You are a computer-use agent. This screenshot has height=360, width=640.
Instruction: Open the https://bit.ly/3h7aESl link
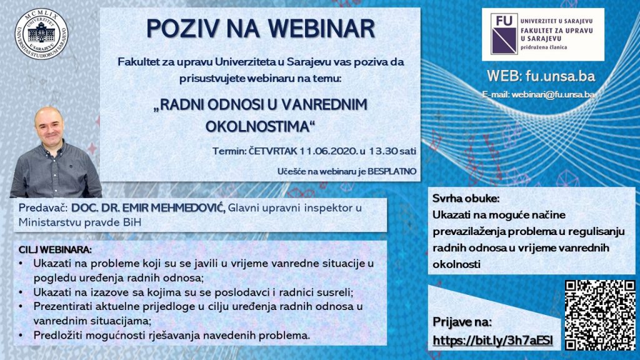coord(493,341)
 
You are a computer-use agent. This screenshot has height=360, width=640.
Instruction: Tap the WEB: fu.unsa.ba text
coord(541,76)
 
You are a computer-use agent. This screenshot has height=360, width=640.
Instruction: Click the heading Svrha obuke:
coord(466,199)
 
